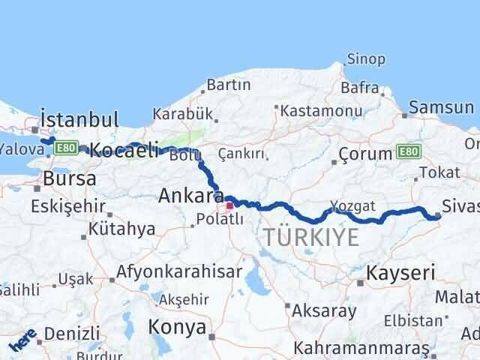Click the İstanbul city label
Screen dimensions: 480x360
pyautogui.click(x=80, y=119)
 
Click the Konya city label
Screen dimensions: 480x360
pyautogui.click(x=177, y=327)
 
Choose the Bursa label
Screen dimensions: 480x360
pyautogui.click(x=70, y=178)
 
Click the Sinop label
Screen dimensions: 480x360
pyautogui.click(x=366, y=59)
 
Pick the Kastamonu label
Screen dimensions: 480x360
pyautogui.click(x=313, y=109)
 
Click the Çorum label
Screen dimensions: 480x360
pyautogui.click(x=365, y=154)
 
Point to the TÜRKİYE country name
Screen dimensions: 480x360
pyautogui.click(x=311, y=238)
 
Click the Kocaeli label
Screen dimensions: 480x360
pyautogui.click(x=123, y=150)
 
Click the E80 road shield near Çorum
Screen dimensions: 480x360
pyautogui.click(x=409, y=151)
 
